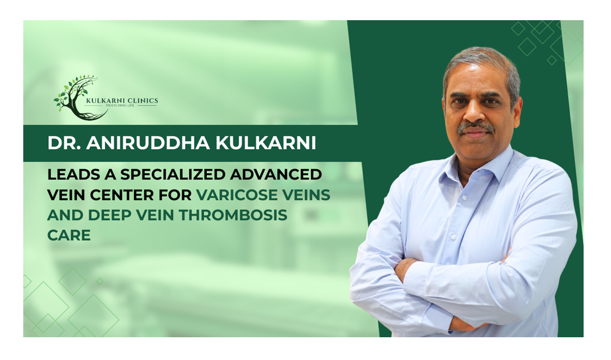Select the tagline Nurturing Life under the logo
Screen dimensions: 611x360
coord(120,106)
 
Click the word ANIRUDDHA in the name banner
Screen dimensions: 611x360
coord(148,143)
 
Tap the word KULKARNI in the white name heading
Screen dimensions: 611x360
coord(265,143)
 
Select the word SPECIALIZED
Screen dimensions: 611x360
coord(173,174)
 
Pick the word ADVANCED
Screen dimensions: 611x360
coord(276,174)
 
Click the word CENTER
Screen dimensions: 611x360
coord(121,194)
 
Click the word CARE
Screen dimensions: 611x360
coord(69,235)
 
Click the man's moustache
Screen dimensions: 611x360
coord(476,127)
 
